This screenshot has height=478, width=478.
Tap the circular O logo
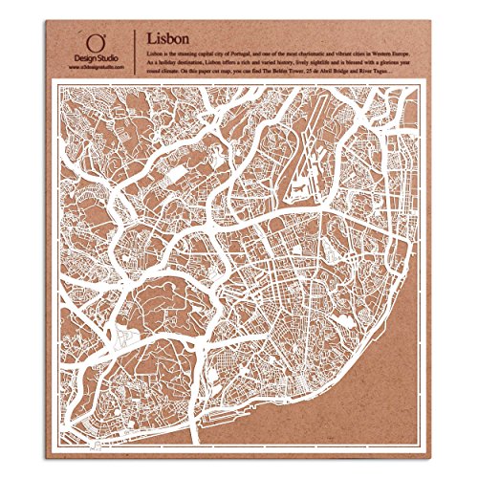95,41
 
